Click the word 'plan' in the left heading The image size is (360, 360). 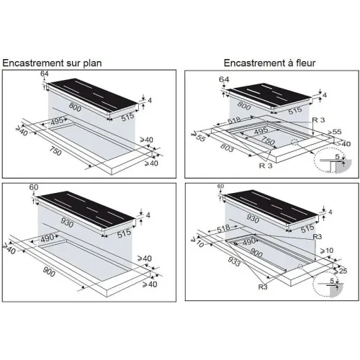92,63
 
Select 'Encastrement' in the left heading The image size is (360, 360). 30,63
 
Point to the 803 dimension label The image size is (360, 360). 227,148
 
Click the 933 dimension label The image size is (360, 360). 234,261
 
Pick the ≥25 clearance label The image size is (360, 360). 341,271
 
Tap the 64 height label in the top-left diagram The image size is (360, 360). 45,73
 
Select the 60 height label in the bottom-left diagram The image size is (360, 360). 34,187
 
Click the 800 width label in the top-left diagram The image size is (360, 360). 75,107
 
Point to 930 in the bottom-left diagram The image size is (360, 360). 67,222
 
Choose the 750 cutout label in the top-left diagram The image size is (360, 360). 55,151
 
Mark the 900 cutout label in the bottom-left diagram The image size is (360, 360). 49,272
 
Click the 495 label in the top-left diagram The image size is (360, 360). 57,121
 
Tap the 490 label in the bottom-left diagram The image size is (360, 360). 48,238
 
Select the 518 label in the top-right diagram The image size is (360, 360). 234,120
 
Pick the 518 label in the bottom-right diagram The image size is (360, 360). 223,229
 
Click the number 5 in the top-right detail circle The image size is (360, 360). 338,157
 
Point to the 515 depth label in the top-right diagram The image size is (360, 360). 295,111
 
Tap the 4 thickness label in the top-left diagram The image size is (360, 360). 150,100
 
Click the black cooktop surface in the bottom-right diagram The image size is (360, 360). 272,207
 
